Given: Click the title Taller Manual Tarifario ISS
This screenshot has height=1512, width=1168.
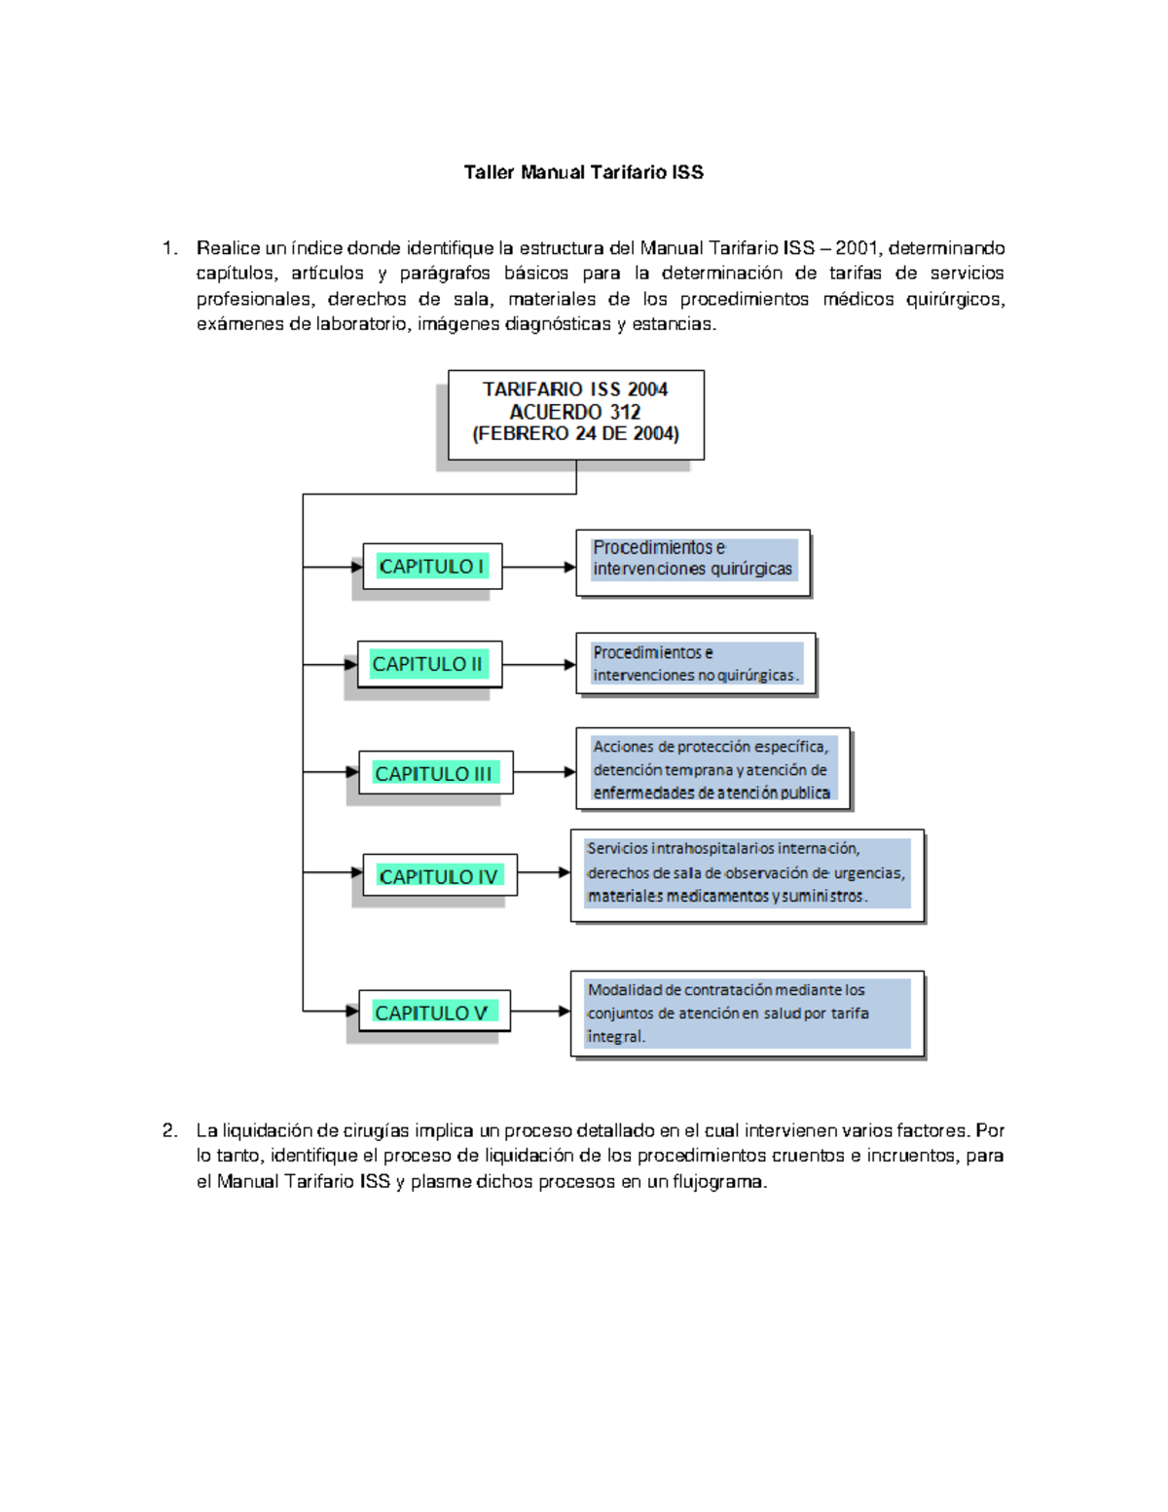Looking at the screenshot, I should pyautogui.click(x=583, y=172).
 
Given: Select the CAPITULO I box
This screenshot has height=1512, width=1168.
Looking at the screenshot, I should pyautogui.click(x=432, y=567).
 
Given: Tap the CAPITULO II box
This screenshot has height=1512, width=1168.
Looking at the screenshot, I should pyautogui.click(x=428, y=664).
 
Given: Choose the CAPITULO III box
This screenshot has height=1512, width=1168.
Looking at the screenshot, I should pyautogui.click(x=434, y=773).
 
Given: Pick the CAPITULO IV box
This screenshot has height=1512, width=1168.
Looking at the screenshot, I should pyautogui.click(x=439, y=876).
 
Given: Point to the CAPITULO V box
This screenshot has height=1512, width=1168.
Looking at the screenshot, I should pyautogui.click(x=433, y=1013).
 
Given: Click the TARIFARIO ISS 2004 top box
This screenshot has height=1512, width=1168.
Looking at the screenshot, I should pyautogui.click(x=575, y=413).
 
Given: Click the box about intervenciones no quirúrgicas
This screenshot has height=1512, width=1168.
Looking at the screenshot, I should pyautogui.click(x=695, y=664).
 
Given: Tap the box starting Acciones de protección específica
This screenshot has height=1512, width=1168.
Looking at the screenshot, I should pyautogui.click(x=712, y=769).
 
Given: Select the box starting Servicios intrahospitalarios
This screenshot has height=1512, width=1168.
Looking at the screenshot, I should pyautogui.click(x=747, y=873).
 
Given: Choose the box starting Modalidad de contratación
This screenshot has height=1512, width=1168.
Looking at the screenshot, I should pyautogui.click(x=747, y=1014).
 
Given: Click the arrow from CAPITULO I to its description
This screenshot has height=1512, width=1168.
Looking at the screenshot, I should pyautogui.click(x=539, y=567).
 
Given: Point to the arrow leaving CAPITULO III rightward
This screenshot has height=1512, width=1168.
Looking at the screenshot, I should pyautogui.click(x=544, y=772).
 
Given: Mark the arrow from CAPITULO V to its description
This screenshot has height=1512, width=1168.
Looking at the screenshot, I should pyautogui.click(x=540, y=1012).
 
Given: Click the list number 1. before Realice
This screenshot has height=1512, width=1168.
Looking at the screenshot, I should pyautogui.click(x=170, y=248).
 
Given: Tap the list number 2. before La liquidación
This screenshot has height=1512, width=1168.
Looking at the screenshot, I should pyautogui.click(x=170, y=1130).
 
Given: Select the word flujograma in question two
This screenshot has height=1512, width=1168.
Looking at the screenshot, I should pyautogui.click(x=719, y=1182).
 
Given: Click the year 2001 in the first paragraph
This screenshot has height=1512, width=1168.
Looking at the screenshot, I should pyautogui.click(x=857, y=248).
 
